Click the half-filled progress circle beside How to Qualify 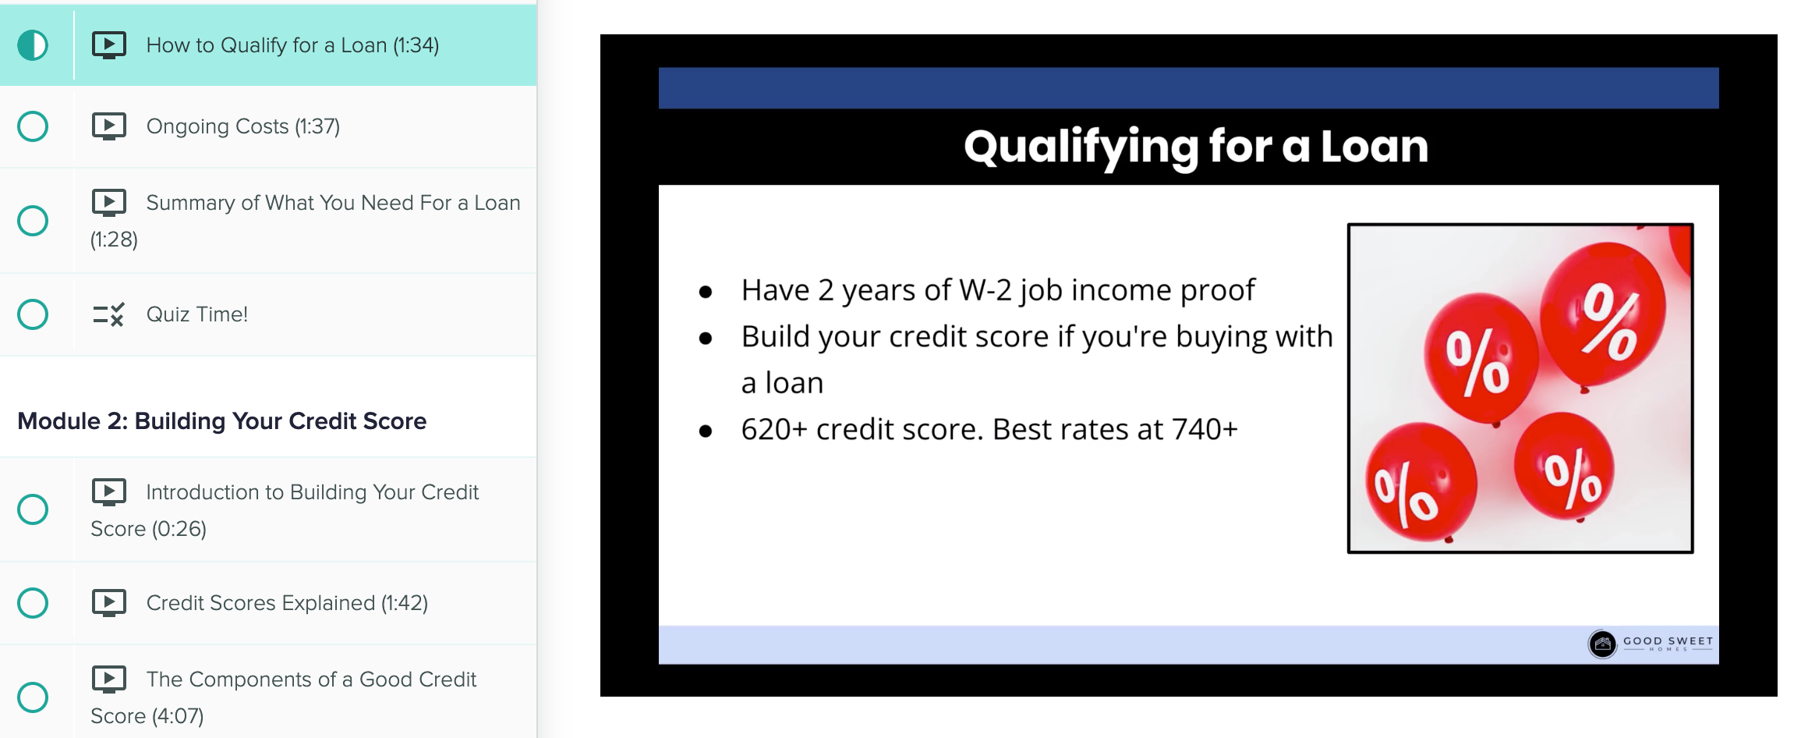pyautogui.click(x=33, y=45)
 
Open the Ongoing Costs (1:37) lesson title pyautogui.click(x=243, y=126)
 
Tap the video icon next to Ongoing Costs pyautogui.click(x=109, y=126)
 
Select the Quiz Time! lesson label pyautogui.click(x=197, y=314)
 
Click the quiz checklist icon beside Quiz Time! pyautogui.click(x=108, y=314)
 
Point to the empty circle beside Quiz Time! pyautogui.click(x=33, y=314)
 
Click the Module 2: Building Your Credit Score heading pyautogui.click(x=222, y=421)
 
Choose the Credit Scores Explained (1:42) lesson pyautogui.click(x=287, y=603)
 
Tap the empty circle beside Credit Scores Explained pyautogui.click(x=33, y=603)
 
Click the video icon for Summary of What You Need pyautogui.click(x=109, y=203)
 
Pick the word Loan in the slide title pyautogui.click(x=1374, y=147)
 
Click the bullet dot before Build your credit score pyautogui.click(x=706, y=339)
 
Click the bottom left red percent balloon pyautogui.click(x=1421, y=481)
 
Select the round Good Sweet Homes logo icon pyautogui.click(x=1602, y=644)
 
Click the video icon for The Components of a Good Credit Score pyautogui.click(x=109, y=679)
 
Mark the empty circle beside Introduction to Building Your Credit pyautogui.click(x=33, y=509)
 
